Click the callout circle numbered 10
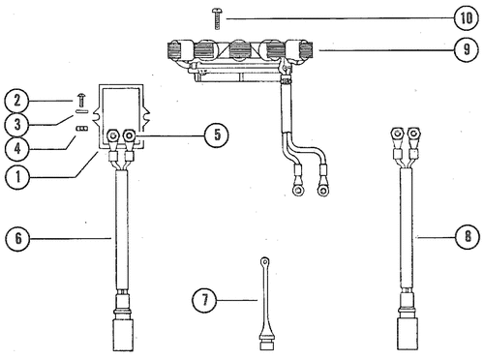[x=466, y=17]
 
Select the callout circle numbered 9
[x=467, y=49]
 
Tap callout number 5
[x=217, y=135]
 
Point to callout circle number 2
[x=17, y=101]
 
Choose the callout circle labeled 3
[x=17, y=125]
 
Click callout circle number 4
[x=17, y=149]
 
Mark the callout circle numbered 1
[x=17, y=177]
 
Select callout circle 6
[x=17, y=238]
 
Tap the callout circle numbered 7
[x=204, y=300]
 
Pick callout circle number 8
[x=468, y=237]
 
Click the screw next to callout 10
[x=217, y=19]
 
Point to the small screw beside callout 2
[x=81, y=100]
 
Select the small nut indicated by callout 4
[x=82, y=129]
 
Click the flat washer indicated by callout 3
[x=81, y=112]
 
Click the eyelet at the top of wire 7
[x=265, y=260]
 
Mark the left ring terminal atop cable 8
[x=397, y=133]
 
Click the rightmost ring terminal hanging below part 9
[x=323, y=191]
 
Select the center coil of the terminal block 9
[x=239, y=49]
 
